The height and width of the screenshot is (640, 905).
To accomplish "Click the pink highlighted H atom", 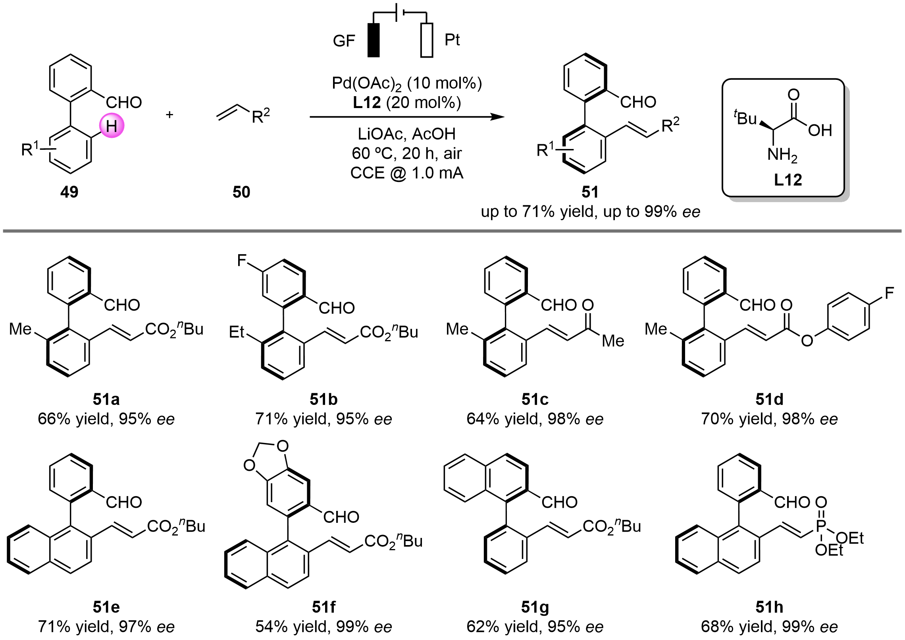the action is coord(112,126).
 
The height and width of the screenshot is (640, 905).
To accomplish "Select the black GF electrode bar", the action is coord(374,40).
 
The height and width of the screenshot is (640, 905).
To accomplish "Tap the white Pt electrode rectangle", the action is coord(427,40).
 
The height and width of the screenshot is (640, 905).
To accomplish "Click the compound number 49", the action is coord(69,192).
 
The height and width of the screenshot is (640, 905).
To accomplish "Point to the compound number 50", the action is coord(241,192).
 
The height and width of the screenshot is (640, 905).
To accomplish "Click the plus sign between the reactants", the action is coord(169,115).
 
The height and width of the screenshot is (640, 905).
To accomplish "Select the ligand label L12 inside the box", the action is coord(788,180).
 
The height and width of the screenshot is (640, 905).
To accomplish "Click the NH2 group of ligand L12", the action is coord(782,155).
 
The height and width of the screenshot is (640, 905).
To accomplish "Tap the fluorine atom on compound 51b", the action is coord(242,261).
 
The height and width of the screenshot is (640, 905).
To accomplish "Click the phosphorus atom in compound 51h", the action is coord(820,526).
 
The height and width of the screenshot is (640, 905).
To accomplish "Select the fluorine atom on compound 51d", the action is coord(889,293).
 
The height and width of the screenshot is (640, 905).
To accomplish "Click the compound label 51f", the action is coord(323,607).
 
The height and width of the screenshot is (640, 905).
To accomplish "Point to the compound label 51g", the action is coord(535,607).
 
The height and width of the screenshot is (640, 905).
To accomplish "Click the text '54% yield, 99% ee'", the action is coord(323,626).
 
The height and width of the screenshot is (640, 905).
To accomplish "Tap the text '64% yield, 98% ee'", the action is coord(535,419).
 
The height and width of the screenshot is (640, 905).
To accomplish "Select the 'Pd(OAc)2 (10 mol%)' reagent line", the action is coord(407,83).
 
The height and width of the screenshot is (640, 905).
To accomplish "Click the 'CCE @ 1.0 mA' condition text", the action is coord(407,173).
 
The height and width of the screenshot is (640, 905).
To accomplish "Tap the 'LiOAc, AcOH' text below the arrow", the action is coord(407,134).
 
